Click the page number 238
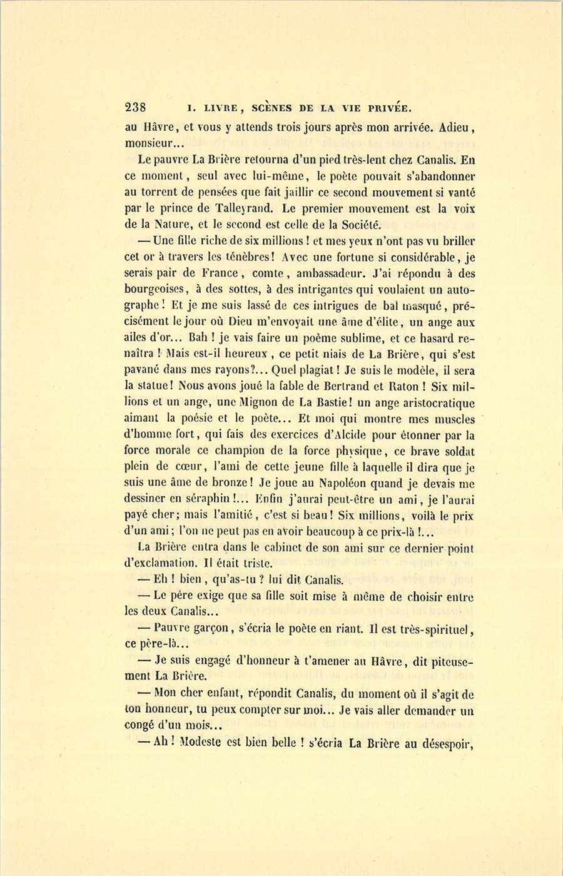[136, 106]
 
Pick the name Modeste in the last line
[205, 743]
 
